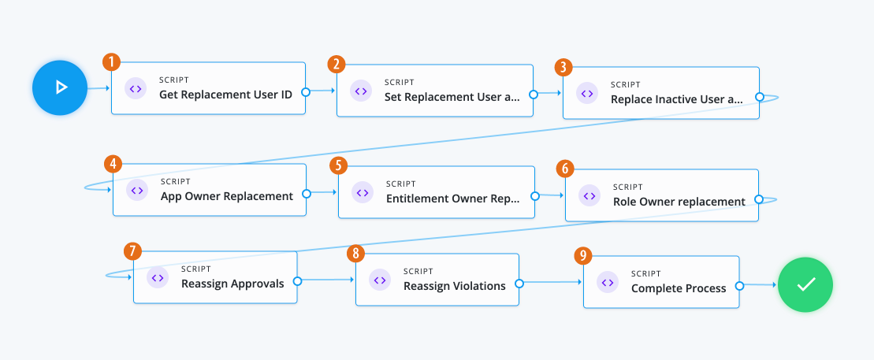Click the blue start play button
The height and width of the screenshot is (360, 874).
pos(60,87)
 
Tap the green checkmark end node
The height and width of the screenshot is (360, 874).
pos(805,285)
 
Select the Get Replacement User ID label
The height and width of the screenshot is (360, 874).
pos(225,95)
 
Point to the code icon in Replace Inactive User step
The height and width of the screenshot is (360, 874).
pos(587,93)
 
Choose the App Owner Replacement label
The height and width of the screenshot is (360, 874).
pos(227,196)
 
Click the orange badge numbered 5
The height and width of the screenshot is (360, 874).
pos(338,165)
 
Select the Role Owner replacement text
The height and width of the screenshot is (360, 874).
pos(679,202)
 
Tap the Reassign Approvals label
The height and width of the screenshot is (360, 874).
pos(232,284)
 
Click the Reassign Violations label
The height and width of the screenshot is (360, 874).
pos(455,286)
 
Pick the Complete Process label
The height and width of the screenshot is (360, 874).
pos(679,288)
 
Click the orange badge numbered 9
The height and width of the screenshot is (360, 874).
pos(582,255)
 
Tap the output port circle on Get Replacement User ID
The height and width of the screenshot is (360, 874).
pos(306,92)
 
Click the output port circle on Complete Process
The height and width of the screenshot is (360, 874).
pos(740,288)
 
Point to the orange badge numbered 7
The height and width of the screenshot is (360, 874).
pos(132,251)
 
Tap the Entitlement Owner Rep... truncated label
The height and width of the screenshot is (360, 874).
pos(452,199)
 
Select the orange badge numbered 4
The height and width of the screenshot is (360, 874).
pos(113,164)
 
